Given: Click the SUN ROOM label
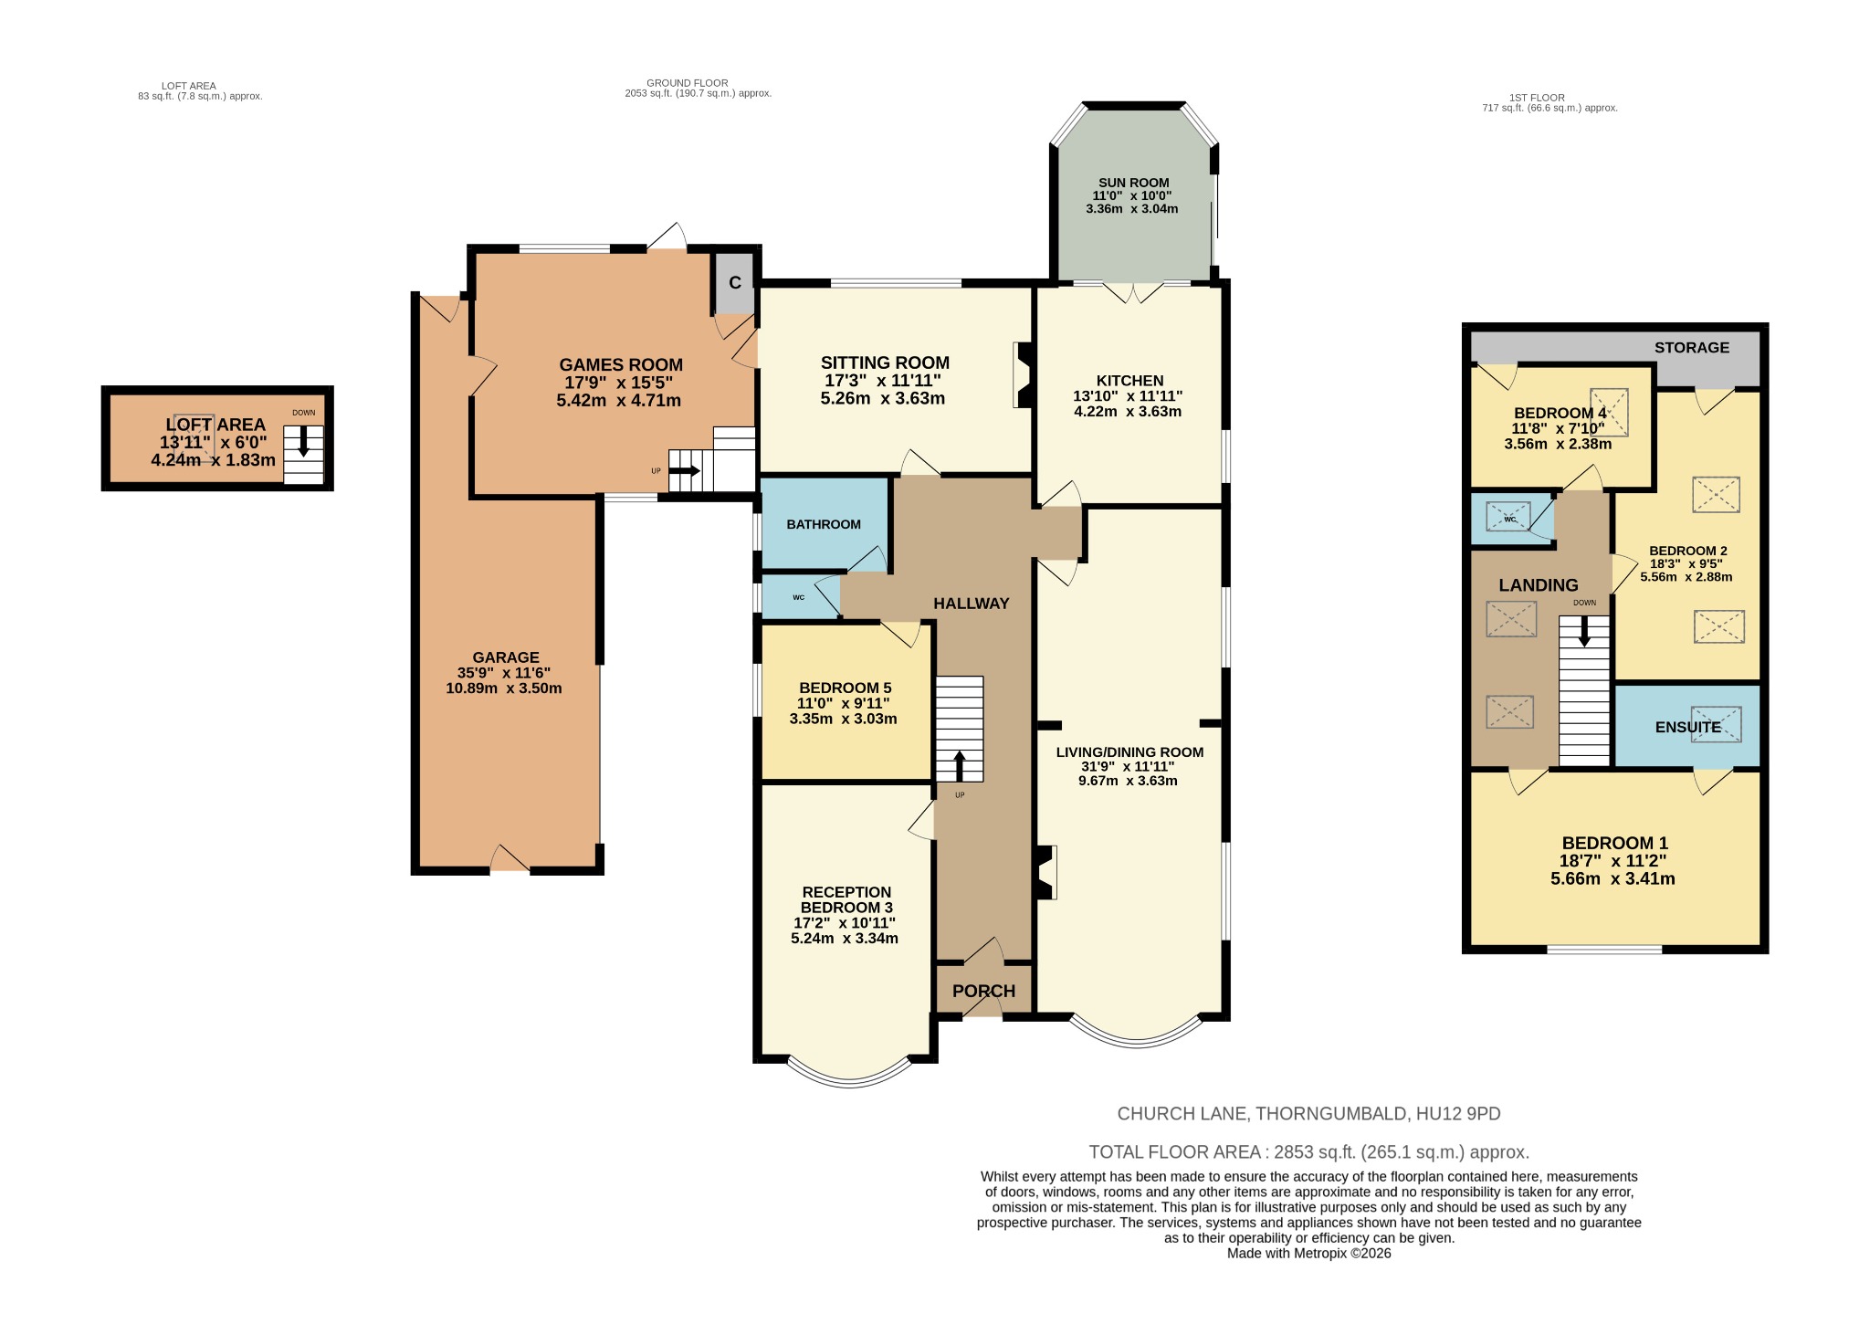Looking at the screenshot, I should pyautogui.click(x=1132, y=183).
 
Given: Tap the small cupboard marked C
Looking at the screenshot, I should pyautogui.click(x=735, y=283).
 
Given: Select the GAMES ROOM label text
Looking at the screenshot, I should pyautogui.click(x=620, y=365).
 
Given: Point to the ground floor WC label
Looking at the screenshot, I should pyautogui.click(x=798, y=597).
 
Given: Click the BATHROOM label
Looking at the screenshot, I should pyautogui.click(x=824, y=524).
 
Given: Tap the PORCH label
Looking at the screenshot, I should pyautogui.click(x=983, y=991).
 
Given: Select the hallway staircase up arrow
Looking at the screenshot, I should pyautogui.click(x=959, y=765).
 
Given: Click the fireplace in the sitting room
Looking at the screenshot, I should pyautogui.click(x=1022, y=374).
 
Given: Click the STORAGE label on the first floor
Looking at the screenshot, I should pyautogui.click(x=1691, y=347).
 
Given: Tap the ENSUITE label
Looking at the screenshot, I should pyautogui.click(x=1687, y=727).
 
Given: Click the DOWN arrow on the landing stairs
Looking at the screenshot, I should pyautogui.click(x=1583, y=630).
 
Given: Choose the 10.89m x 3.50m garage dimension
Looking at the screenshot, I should pyautogui.click(x=503, y=688).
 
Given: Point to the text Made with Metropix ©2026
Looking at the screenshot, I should pyautogui.click(x=1308, y=1254).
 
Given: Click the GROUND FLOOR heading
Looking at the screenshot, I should pyautogui.click(x=686, y=83).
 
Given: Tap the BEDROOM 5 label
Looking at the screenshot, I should pyautogui.click(x=844, y=688).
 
